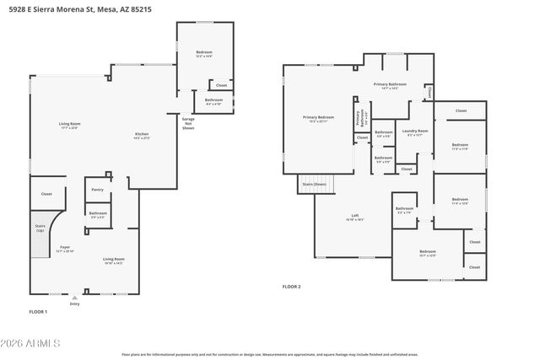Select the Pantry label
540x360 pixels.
98,190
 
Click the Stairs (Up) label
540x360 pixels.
40,228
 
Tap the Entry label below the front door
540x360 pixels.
75,304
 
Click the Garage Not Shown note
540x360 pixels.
189,124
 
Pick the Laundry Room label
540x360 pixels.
415,132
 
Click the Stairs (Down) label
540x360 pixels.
314,183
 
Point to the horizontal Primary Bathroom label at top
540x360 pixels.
390,85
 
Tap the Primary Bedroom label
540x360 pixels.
319,117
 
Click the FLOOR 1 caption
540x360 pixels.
38,312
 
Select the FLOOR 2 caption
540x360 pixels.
291,287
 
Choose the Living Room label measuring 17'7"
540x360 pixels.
68,126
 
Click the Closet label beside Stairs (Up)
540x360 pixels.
46,194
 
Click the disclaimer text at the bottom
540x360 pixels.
269,355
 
